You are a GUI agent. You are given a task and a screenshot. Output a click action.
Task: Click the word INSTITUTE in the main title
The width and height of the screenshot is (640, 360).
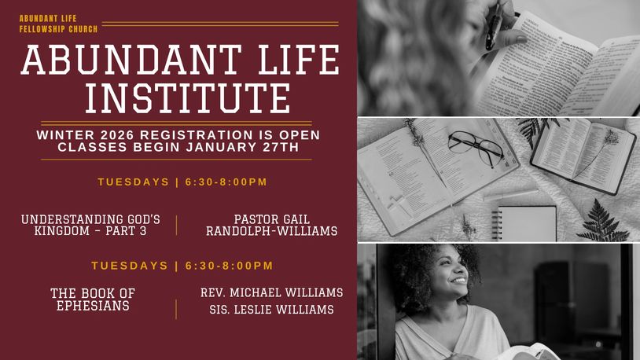pyautogui.click(x=188, y=98)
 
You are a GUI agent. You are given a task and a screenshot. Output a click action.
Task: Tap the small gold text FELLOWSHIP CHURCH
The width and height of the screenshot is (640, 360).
pyautogui.click(x=58, y=29)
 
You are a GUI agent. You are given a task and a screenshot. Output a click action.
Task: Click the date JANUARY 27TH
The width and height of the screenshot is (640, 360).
pyautogui.click(x=242, y=147)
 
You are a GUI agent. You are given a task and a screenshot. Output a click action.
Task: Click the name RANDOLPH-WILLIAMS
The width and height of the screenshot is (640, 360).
pyautogui.click(x=272, y=231)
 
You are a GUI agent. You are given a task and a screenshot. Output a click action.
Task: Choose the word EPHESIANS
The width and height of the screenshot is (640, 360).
pyautogui.click(x=93, y=306)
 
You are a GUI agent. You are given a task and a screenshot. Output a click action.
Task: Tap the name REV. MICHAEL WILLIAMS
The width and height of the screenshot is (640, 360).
pyautogui.click(x=272, y=292)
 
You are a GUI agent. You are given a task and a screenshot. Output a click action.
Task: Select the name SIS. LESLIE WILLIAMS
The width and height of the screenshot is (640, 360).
pyautogui.click(x=272, y=310)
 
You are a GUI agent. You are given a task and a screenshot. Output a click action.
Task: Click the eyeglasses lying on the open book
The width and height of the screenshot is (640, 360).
pyautogui.click(x=476, y=148)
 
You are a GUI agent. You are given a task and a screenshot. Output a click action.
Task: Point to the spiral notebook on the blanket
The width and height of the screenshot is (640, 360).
pyautogui.click(x=524, y=224)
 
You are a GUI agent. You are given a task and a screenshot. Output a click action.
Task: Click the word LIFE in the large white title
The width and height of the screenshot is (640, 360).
pyautogui.click(x=298, y=60)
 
